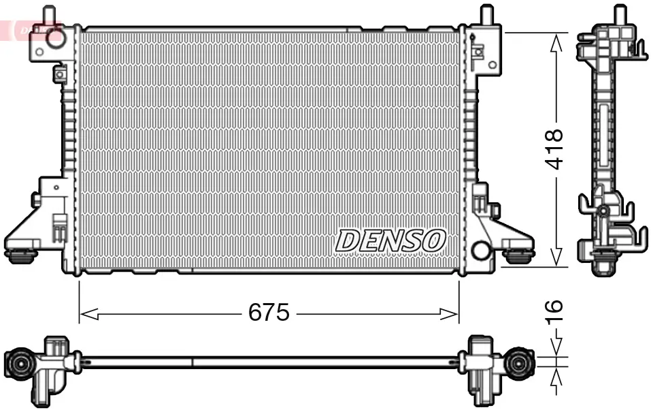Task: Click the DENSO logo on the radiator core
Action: point(390,240)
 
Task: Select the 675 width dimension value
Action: point(269,313)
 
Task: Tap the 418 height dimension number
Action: point(556,148)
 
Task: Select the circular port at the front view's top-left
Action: point(54,40)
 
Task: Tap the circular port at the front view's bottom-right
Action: point(481,251)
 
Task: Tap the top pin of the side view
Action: point(619,14)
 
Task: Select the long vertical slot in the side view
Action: point(602,136)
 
